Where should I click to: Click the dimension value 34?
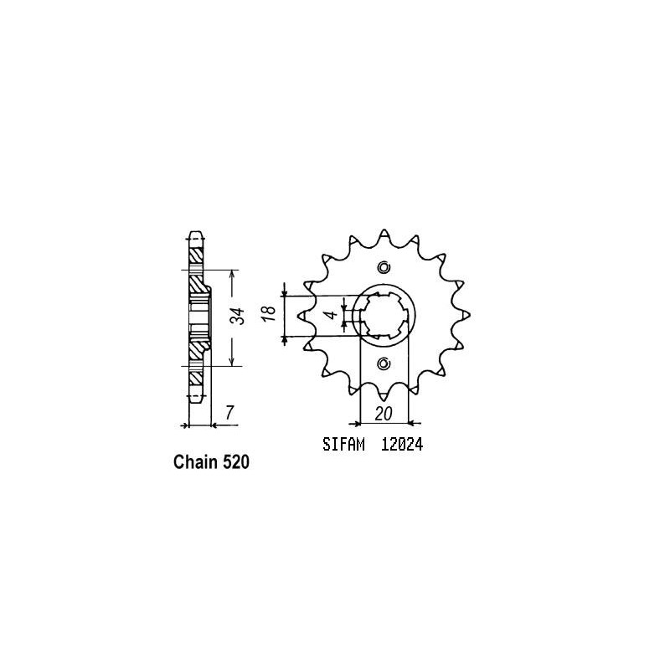[237, 317]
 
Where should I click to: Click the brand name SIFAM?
[343, 446]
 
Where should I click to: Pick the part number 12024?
[403, 446]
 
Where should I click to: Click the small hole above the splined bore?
[384, 268]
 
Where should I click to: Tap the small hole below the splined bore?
[384, 363]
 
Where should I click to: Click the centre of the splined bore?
[384, 315]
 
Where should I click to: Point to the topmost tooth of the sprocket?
[384, 232]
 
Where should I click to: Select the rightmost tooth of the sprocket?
[468, 315]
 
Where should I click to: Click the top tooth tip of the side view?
[195, 232]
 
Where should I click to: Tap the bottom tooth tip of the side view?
[195, 400]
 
